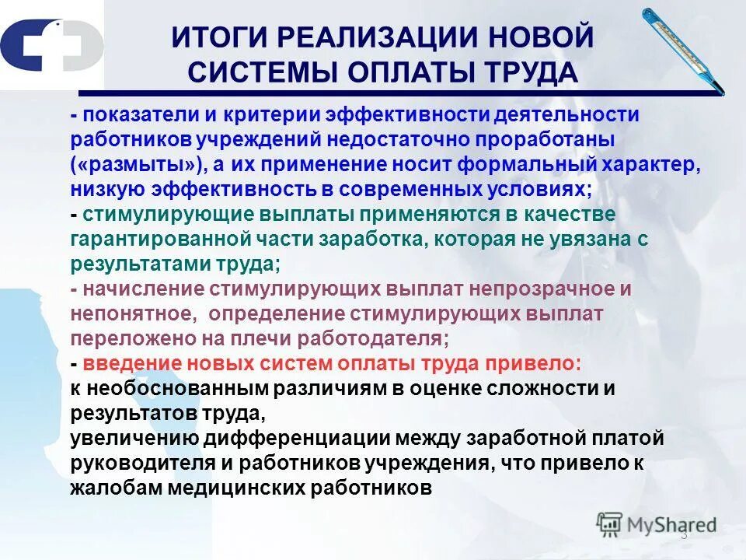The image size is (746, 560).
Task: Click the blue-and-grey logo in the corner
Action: pyautogui.click(x=51, y=47)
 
